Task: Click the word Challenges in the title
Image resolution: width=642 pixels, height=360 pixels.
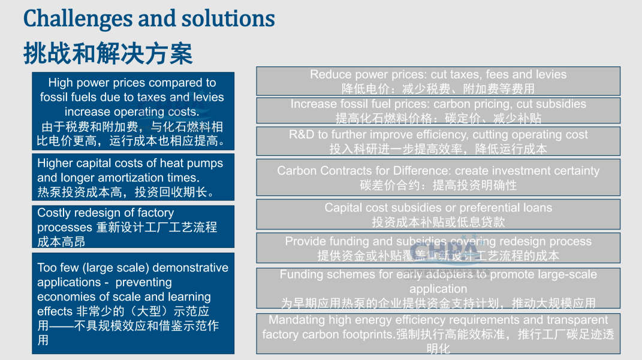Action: pos(78,19)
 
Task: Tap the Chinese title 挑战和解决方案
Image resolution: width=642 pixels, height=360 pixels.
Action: pos(108,53)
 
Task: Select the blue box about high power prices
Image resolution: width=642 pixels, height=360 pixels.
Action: pos(133,111)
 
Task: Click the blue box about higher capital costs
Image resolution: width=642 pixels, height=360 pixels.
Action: pos(133,177)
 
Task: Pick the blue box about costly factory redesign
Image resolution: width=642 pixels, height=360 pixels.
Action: pos(133,226)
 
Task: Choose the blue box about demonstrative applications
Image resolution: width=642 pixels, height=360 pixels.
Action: pos(133,303)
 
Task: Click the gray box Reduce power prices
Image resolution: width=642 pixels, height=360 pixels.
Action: pos(438,81)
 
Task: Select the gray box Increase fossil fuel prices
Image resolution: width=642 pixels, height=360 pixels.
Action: pos(438,110)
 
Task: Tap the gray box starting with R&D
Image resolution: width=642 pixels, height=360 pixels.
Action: pos(438,141)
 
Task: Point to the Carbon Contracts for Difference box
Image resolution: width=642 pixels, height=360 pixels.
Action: pos(438,177)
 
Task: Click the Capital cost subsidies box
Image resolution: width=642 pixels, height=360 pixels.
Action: pos(438,214)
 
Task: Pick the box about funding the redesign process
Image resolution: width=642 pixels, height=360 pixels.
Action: pos(438,248)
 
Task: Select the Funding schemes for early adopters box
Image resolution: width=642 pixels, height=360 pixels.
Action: pos(438,288)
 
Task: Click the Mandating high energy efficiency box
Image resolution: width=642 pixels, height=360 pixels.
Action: pos(438,334)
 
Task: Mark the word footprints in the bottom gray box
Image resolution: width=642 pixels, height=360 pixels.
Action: pos(369,335)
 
